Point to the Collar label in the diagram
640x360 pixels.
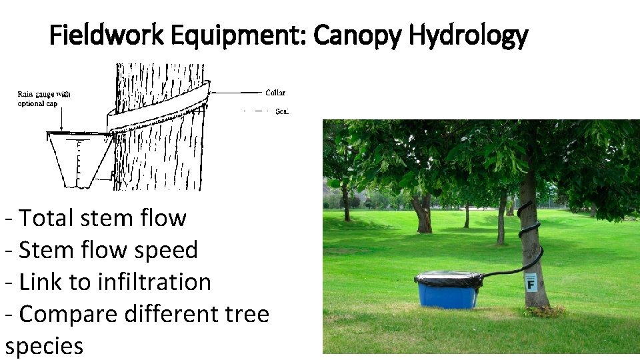coord(275,93)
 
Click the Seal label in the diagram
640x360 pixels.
coord(281,111)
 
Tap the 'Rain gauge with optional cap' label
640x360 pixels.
coord(44,99)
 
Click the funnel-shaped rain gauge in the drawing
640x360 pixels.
coord(79,160)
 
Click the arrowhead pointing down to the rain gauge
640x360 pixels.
coord(61,128)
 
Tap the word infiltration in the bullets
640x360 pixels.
coord(155,282)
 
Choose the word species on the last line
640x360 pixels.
coord(44,346)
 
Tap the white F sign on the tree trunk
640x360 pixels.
coord(531,283)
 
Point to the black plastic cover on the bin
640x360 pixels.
coord(448,278)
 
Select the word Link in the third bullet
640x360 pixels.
coord(39,282)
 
